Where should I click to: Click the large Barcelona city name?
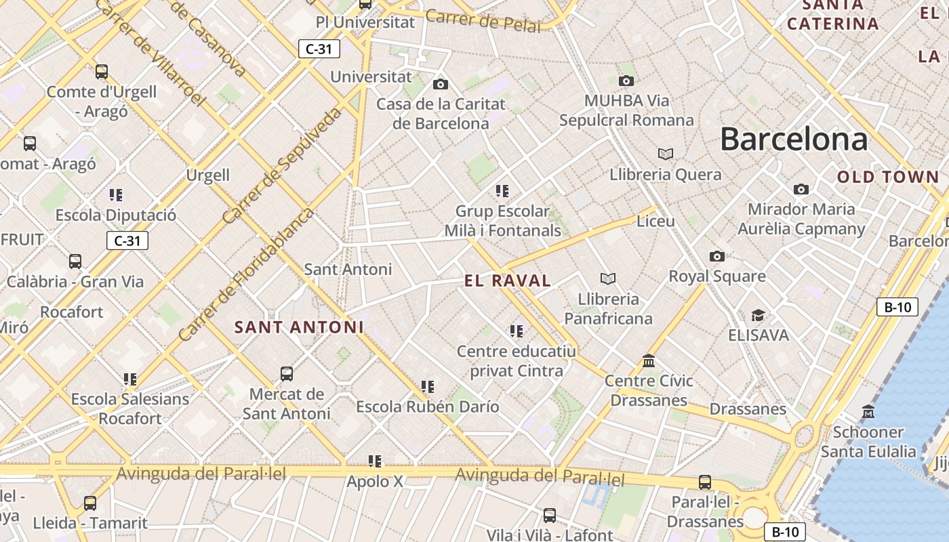click(x=793, y=139)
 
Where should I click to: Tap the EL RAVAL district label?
click(x=508, y=280)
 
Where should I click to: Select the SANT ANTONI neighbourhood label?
click(x=299, y=327)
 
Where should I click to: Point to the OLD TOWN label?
click(x=888, y=178)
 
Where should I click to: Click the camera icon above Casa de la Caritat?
click(x=441, y=84)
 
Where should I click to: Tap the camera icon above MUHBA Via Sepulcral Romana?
click(x=626, y=81)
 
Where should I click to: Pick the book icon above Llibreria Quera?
click(x=666, y=154)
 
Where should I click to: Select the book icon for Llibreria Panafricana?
click(x=608, y=278)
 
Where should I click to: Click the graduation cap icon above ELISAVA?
click(x=758, y=315)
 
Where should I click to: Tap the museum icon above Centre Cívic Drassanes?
click(x=649, y=360)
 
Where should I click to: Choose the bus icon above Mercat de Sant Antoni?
click(x=287, y=373)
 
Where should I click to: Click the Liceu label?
click(x=655, y=222)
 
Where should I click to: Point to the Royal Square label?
click(x=717, y=276)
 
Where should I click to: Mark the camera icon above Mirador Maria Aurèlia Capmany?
click(x=801, y=189)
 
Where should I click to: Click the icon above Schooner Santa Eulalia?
click(x=868, y=411)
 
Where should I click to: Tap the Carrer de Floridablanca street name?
click(x=247, y=274)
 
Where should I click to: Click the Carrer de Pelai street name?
click(x=483, y=21)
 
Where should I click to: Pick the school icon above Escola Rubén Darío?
click(x=427, y=387)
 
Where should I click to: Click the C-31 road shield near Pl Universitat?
click(x=319, y=49)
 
